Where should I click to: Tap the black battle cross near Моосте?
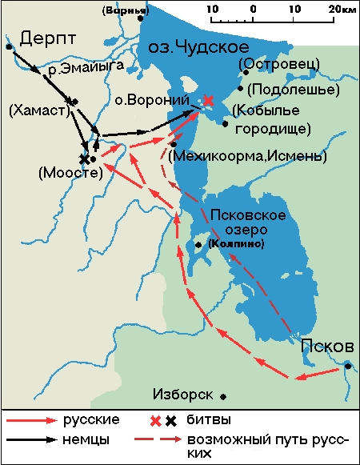(84, 158)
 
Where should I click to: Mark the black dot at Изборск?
(224, 396)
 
